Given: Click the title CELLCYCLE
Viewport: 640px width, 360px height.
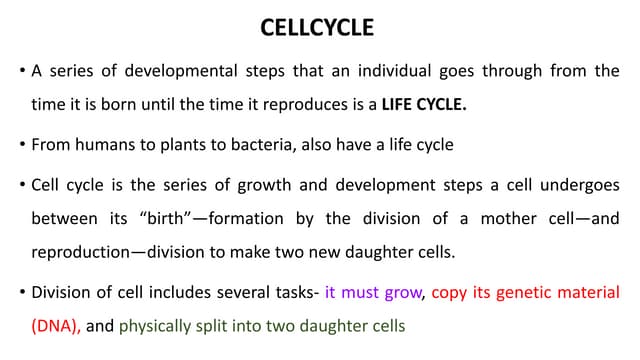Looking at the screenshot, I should click(x=317, y=27).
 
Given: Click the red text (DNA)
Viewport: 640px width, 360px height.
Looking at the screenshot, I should click(x=56, y=326).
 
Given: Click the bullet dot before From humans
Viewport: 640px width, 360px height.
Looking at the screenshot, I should click(x=21, y=145).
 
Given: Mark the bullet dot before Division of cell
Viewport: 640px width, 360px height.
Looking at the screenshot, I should click(x=21, y=294).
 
